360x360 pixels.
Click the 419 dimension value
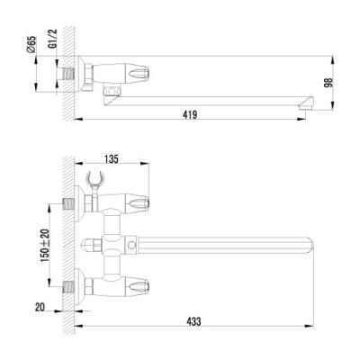coord(191,114)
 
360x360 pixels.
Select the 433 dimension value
coord(193,321)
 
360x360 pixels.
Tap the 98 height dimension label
coord(329,82)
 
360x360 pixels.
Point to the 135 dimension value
coord(112,158)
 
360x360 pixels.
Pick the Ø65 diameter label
coord(31,44)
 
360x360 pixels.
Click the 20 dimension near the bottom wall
coord(40,307)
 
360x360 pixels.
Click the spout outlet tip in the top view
coord(306,105)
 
